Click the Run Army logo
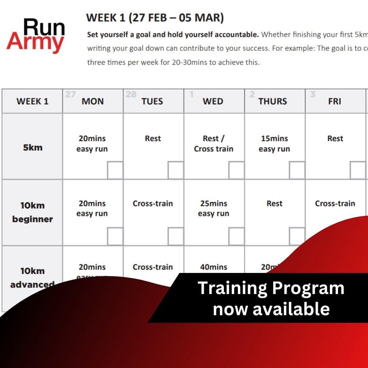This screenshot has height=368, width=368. coord(35,36)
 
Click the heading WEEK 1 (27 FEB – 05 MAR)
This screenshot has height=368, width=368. coord(155,18)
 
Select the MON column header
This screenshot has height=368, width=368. coord(93,101)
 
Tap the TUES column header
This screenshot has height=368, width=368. coord(152,101)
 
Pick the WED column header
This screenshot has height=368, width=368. coord(213,101)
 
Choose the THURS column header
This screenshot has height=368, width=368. coord(273,101)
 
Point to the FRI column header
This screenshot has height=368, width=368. coord(335,101)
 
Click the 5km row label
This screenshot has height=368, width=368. coord(33,148)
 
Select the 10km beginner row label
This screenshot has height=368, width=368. coord(32,212)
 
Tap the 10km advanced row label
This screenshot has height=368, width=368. coord(32,277)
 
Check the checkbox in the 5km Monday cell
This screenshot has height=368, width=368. coord(115,170)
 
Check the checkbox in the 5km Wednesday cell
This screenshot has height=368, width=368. coord(236,170)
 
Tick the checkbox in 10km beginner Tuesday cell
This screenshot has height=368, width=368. coord(176,236)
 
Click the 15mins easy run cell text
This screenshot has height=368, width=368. coord(274,144)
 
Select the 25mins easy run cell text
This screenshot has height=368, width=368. coord(214,209)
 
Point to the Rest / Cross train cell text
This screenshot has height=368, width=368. coord(214,144)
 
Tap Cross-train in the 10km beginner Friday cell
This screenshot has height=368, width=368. coord(335,203)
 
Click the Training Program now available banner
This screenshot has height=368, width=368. coord(271,298)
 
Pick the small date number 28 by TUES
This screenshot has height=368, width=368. coord(131,94)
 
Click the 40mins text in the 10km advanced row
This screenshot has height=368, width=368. coord(214,267)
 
